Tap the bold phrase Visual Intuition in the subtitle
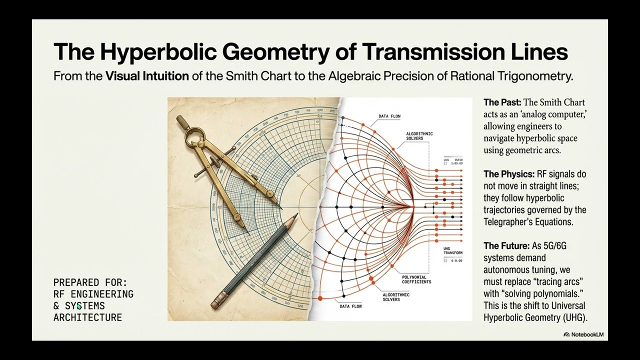coord(147,77)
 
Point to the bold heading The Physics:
coord(509,174)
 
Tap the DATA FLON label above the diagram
coord(389,116)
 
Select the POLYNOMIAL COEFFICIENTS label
coord(416,279)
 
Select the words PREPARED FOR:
coord(90,282)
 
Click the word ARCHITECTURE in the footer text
coord(87,317)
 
